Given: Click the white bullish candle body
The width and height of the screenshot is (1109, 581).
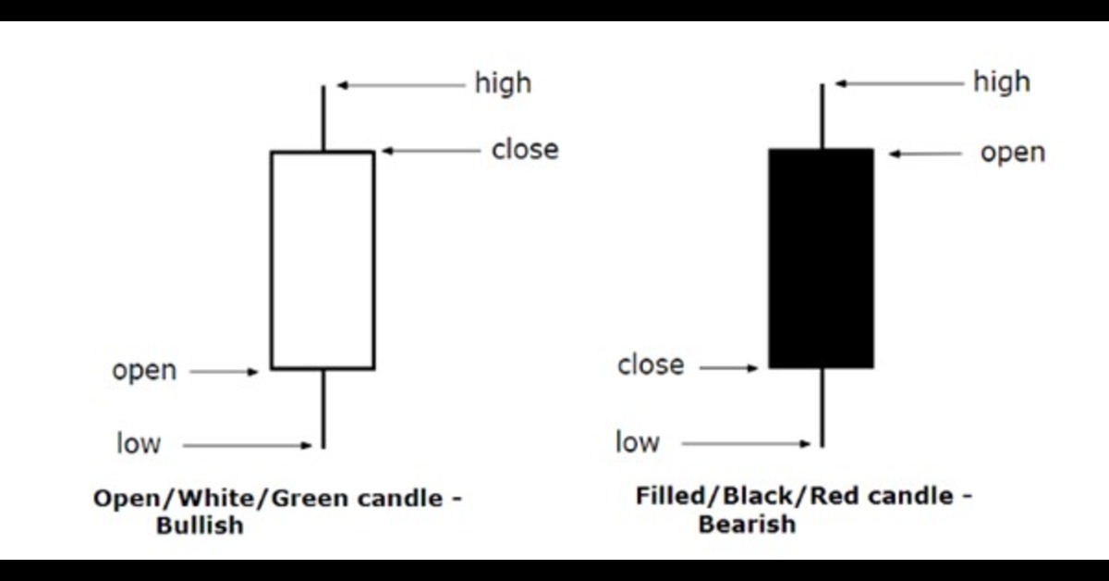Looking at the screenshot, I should [x=323, y=260].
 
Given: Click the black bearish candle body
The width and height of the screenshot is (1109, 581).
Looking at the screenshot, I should [x=821, y=258].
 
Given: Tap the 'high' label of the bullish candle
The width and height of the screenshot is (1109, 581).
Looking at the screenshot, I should [x=503, y=83].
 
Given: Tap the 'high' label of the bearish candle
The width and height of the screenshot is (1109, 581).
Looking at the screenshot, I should [x=1001, y=82].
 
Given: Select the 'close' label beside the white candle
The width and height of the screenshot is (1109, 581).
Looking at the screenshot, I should [x=525, y=150].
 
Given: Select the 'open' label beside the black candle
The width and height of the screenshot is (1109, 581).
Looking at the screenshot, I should [x=1013, y=153].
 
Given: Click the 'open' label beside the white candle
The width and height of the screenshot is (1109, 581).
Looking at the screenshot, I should [x=144, y=371].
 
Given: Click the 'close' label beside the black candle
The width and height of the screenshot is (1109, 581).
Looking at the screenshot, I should [x=651, y=365].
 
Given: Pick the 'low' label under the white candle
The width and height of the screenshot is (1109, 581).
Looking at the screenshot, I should [x=139, y=443].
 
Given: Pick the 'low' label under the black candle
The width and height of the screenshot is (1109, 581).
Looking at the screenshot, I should [x=638, y=443].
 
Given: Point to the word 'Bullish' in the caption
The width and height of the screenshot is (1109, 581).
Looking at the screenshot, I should [x=201, y=526].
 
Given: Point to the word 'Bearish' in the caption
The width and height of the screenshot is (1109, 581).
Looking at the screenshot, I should [x=747, y=525].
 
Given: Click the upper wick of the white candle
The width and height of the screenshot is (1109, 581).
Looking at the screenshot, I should [x=323, y=118].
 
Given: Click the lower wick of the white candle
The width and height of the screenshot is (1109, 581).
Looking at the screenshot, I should [x=323, y=408].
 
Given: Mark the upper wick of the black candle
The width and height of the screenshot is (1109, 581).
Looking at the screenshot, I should [x=822, y=116].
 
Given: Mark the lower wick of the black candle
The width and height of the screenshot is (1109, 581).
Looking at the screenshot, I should [x=822, y=407].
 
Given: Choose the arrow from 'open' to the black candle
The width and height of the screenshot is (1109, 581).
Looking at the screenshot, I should [x=925, y=154].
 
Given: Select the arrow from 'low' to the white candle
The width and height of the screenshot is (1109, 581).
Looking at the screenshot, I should [x=248, y=446].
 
